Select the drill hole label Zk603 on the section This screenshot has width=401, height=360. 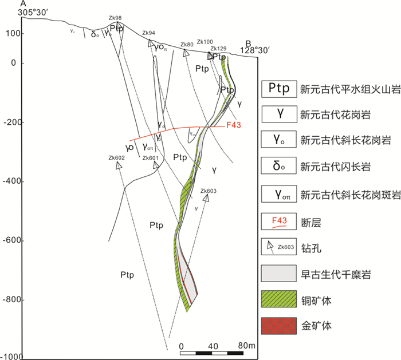coord(209,191)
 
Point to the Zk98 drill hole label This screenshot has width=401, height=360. coord(115,18)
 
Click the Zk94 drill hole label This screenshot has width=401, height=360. coord(148,33)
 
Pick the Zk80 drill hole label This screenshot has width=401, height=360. coord(186,44)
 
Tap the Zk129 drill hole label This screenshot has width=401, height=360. coord(218,49)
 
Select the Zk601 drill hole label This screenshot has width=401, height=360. coord(150,158)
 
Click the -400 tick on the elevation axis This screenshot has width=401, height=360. coord(11,181)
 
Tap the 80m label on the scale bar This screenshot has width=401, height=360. coord(245,346)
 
